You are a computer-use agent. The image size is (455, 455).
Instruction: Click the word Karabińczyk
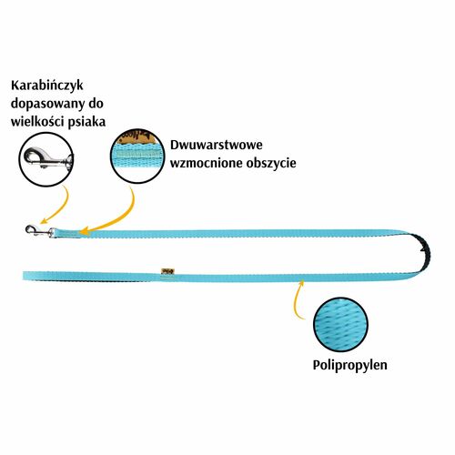coord(46,86)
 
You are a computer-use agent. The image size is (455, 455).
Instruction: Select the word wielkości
coord(36,122)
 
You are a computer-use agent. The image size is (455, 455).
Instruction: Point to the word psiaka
coord(86,122)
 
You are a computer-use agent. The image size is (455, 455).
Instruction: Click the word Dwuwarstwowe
coord(216,145)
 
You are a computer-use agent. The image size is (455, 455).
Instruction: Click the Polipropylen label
coord(349,365)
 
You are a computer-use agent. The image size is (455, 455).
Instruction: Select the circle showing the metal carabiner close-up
coord(46,159)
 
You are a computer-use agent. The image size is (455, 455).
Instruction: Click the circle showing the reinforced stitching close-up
coord(137,157)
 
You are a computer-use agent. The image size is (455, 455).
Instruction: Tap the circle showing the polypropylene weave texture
coord(340,325)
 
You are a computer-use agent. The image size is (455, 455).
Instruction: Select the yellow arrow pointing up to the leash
coord(297,298)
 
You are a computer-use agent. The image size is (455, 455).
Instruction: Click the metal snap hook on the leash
coord(39,231)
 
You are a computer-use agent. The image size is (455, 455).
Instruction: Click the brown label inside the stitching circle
coord(138,137)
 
